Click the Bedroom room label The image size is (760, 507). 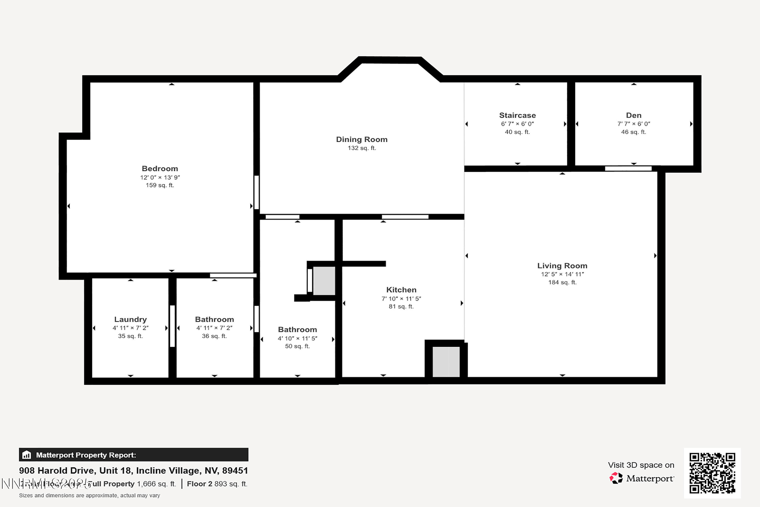(x=160, y=169)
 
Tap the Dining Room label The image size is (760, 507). (x=362, y=139)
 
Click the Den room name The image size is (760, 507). (x=633, y=115)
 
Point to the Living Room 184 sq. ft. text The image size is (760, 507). (x=562, y=282)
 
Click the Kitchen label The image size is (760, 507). (x=401, y=290)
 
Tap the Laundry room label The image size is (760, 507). (x=130, y=319)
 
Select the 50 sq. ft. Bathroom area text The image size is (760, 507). (x=297, y=346)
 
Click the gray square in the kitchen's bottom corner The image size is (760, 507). (x=446, y=361)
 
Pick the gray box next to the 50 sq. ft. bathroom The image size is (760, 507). (x=324, y=281)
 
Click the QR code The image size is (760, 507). (x=712, y=473)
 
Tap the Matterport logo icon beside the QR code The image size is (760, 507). (x=616, y=478)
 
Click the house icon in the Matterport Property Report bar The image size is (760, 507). (x=27, y=455)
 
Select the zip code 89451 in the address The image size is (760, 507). (x=235, y=470)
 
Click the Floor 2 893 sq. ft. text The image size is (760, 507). (x=217, y=484)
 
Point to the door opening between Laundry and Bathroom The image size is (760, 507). (x=172, y=326)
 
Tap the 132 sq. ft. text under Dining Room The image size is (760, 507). (x=362, y=148)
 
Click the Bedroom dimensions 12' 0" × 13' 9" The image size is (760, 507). (x=160, y=177)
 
